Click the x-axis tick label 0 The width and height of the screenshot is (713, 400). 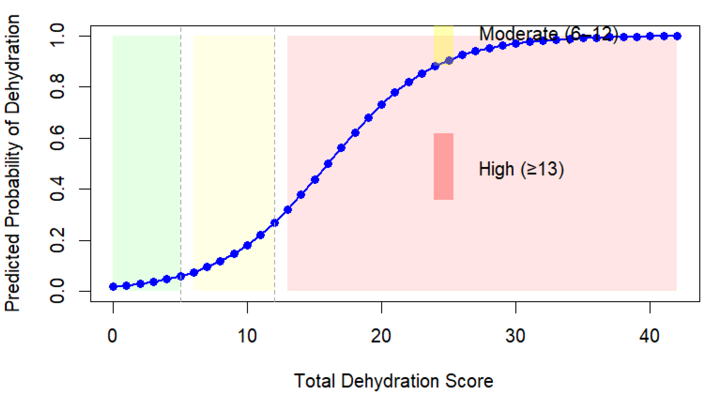tap(112, 336)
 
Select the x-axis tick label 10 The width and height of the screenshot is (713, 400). tap(247, 336)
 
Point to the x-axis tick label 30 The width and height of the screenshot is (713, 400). tap(515, 336)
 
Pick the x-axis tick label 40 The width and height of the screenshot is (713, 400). tap(649, 336)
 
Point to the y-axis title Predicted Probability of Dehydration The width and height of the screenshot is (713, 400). tap(13, 163)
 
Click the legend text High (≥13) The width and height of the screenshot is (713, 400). tap(521, 169)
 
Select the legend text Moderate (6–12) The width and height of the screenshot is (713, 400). tap(548, 34)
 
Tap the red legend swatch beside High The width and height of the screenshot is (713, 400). tap(443, 166)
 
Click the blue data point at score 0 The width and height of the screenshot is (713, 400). tap(113, 287)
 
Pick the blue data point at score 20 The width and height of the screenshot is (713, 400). tap(382, 105)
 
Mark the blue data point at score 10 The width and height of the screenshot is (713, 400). tap(247, 245)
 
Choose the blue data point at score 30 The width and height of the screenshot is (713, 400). tap(516, 44)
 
